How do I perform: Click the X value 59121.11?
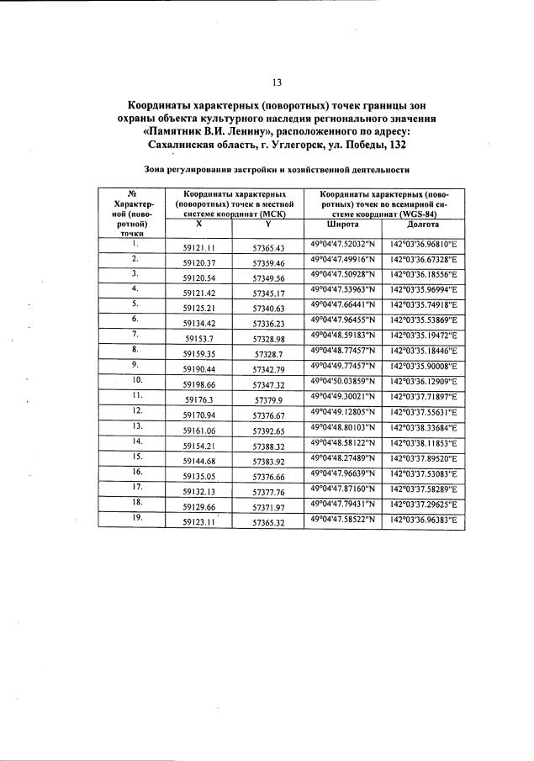pyautogui.click(x=201, y=248)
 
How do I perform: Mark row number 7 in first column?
pyautogui.click(x=135, y=334)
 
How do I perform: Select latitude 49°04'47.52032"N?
pyautogui.click(x=343, y=244)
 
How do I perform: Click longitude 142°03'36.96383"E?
pyautogui.click(x=423, y=521)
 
